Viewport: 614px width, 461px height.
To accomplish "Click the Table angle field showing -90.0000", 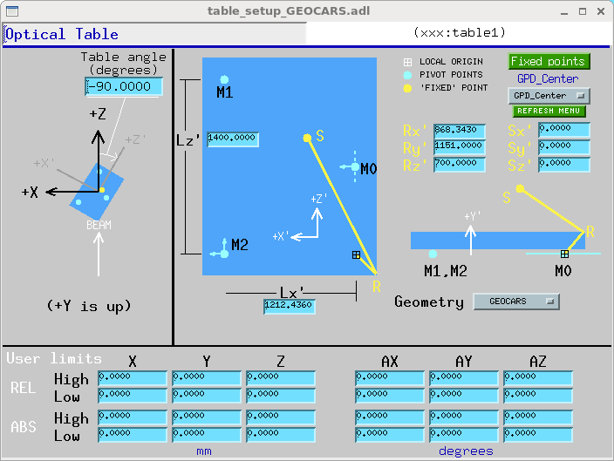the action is tap(124, 86).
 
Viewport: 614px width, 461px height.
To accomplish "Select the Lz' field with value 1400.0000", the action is tap(233, 139).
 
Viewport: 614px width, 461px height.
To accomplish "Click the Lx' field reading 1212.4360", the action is tap(290, 306).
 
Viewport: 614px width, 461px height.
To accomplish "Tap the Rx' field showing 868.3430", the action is tap(460, 131).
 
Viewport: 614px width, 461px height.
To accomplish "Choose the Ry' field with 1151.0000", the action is tap(460, 147).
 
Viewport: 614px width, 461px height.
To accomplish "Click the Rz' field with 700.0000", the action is tap(460, 165).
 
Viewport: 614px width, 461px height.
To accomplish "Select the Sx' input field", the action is tap(564, 130).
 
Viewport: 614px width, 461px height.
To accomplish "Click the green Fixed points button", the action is tap(549, 62).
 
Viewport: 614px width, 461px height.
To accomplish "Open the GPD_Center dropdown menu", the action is tap(549, 96).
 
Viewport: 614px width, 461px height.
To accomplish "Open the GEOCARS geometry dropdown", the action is tap(516, 302).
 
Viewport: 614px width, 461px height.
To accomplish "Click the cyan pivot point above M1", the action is tap(224, 80).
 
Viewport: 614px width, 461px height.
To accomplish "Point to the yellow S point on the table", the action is tap(307, 138).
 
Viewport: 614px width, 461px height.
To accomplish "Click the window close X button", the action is tap(601, 11).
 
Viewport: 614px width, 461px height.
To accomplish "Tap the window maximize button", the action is tap(583, 11).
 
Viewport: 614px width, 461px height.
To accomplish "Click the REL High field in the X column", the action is tap(133, 378).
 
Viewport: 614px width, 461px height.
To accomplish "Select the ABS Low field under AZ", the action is tap(538, 434).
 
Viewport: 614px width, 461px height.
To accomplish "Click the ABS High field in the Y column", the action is tap(207, 417).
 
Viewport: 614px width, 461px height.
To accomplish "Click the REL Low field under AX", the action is tap(390, 396).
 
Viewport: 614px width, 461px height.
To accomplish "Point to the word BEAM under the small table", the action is tap(99, 225).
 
